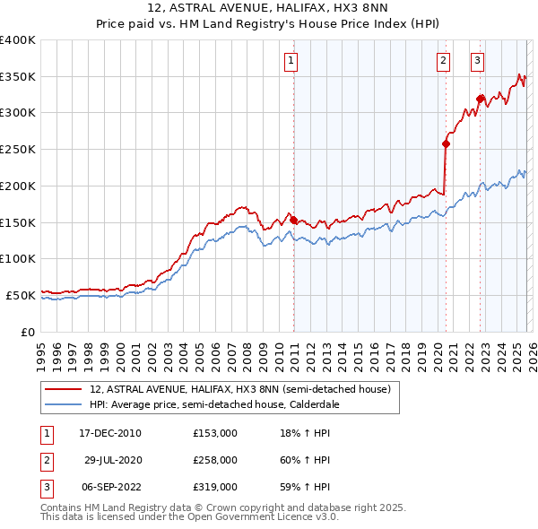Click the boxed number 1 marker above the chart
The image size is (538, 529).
click(x=292, y=61)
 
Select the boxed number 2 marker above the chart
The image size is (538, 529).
click(x=443, y=61)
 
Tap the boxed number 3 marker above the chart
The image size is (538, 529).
click(x=477, y=61)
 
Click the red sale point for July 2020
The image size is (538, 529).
click(x=446, y=143)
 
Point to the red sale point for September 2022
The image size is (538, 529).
click(x=480, y=99)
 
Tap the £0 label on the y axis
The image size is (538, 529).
click(x=28, y=332)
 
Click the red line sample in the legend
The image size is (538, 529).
click(x=64, y=390)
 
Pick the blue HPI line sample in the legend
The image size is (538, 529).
click(x=64, y=404)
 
